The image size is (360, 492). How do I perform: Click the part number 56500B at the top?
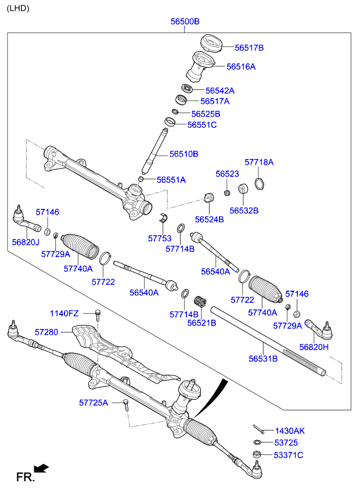tap(185, 21)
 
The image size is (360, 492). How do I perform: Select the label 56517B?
tap(249, 48)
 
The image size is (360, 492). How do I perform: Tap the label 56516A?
tap(241, 67)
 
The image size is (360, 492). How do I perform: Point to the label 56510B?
tap(184, 154)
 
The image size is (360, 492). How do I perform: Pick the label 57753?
tap(160, 238)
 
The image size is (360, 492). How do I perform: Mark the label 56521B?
tap(201, 323)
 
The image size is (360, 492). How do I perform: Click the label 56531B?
tap(263, 359)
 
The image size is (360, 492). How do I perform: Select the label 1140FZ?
tap(64, 313)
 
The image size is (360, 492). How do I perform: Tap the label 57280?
tap(46, 332)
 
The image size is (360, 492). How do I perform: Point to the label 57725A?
tap(93, 402)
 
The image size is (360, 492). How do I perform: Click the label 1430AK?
tap(290, 430)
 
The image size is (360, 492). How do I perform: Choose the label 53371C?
tap(289, 455)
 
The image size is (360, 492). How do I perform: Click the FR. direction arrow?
tap(41, 468)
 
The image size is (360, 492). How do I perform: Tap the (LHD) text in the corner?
tap(17, 8)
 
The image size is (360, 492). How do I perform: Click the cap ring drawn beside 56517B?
tap(212, 44)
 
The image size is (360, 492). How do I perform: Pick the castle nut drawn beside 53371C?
tap(257, 454)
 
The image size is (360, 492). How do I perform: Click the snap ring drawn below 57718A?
tap(260, 184)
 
